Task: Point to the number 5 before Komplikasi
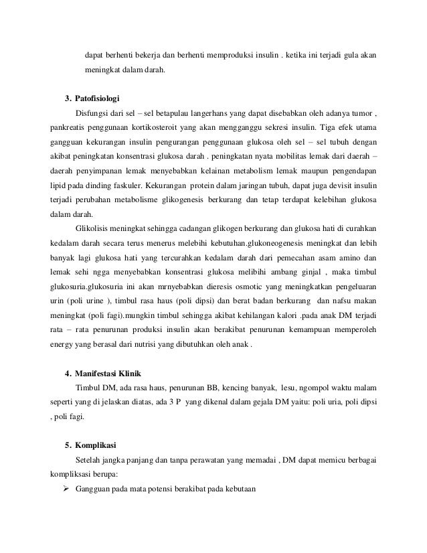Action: (x=68, y=444)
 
